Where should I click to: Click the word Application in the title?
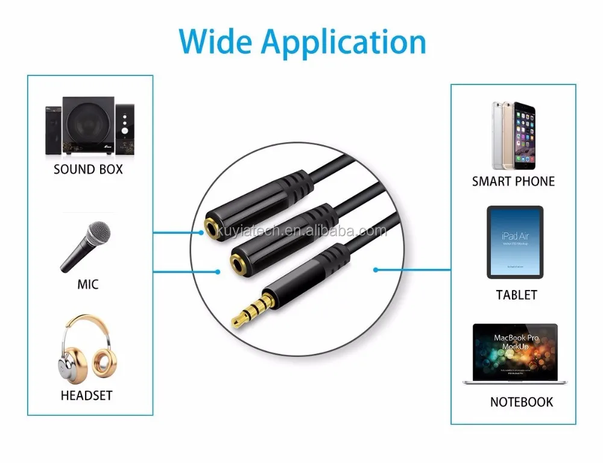click(344, 42)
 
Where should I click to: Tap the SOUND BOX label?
click(88, 169)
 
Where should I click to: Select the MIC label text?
click(88, 284)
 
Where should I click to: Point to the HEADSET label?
click(86, 396)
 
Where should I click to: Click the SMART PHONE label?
click(513, 181)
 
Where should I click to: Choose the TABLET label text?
click(516, 295)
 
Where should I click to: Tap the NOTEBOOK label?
click(521, 402)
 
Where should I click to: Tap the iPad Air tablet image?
click(515, 242)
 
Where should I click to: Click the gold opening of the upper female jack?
click(210, 228)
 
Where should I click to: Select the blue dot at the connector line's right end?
click(376, 269)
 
